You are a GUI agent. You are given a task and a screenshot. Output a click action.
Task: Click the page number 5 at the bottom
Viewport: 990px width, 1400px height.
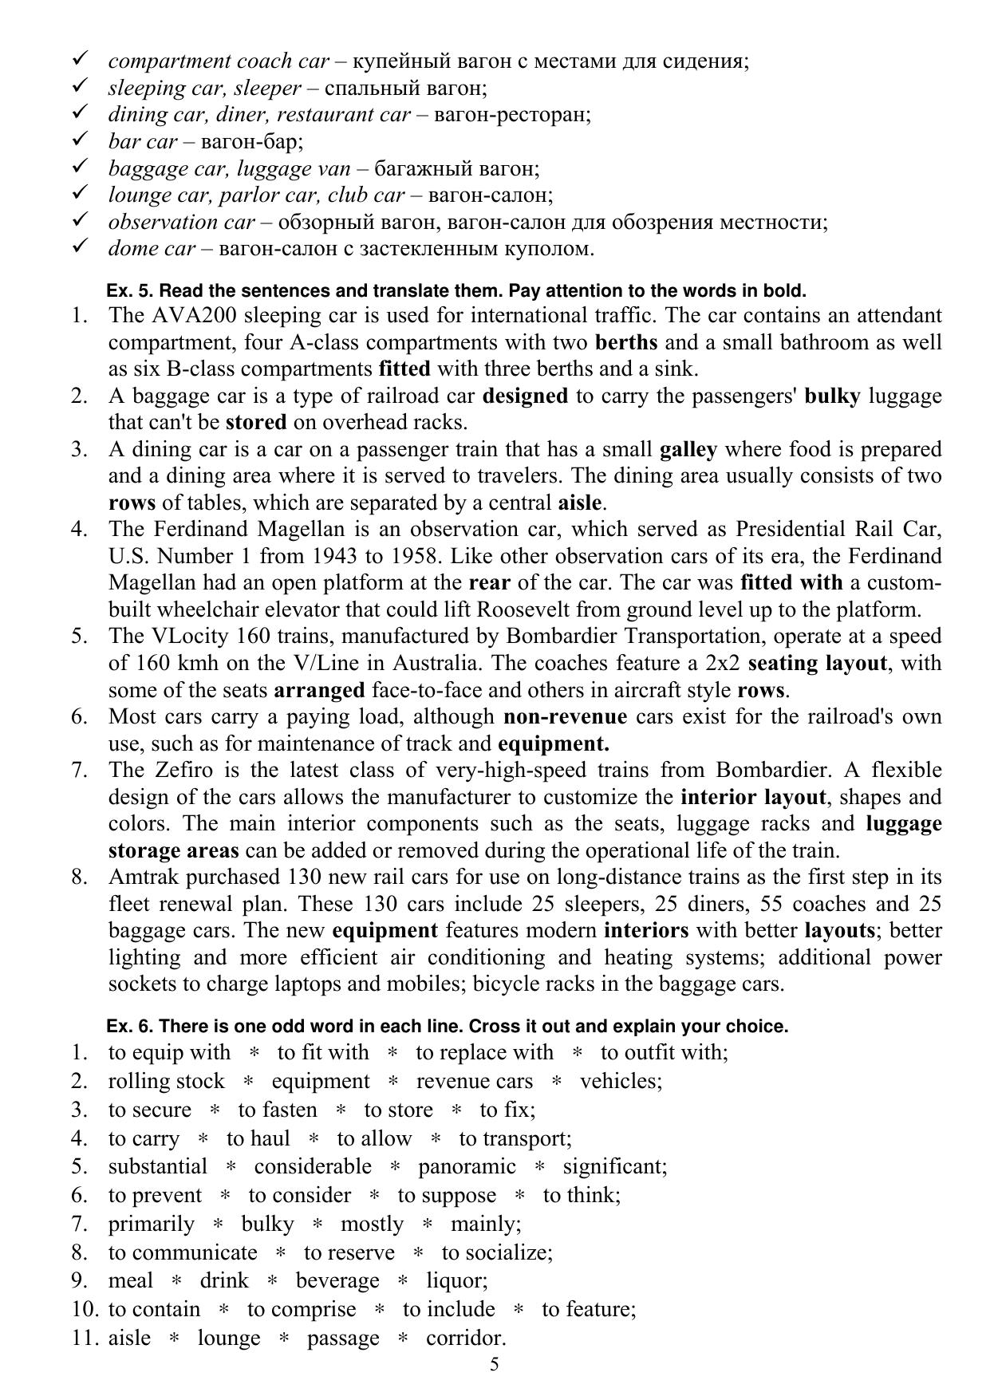tap(495, 1364)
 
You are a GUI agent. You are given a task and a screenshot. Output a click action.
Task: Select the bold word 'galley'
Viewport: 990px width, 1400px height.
tap(688, 450)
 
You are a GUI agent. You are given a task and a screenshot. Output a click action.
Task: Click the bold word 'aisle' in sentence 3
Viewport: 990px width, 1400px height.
tap(578, 503)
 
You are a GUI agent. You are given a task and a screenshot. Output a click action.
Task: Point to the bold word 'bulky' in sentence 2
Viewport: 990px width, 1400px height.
tap(832, 396)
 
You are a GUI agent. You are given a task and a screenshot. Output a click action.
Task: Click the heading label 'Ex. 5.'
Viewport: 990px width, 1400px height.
tap(129, 291)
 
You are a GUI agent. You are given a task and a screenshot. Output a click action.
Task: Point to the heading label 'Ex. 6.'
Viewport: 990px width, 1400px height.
tap(129, 1027)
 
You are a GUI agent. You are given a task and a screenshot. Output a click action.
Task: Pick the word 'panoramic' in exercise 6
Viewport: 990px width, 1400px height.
tap(467, 1167)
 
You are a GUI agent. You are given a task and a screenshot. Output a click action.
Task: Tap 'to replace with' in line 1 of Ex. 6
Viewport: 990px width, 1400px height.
tap(484, 1053)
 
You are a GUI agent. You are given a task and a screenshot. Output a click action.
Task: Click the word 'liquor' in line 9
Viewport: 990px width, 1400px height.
tap(455, 1281)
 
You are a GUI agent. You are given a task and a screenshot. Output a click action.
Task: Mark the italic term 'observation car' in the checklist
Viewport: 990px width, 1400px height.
tap(181, 222)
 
